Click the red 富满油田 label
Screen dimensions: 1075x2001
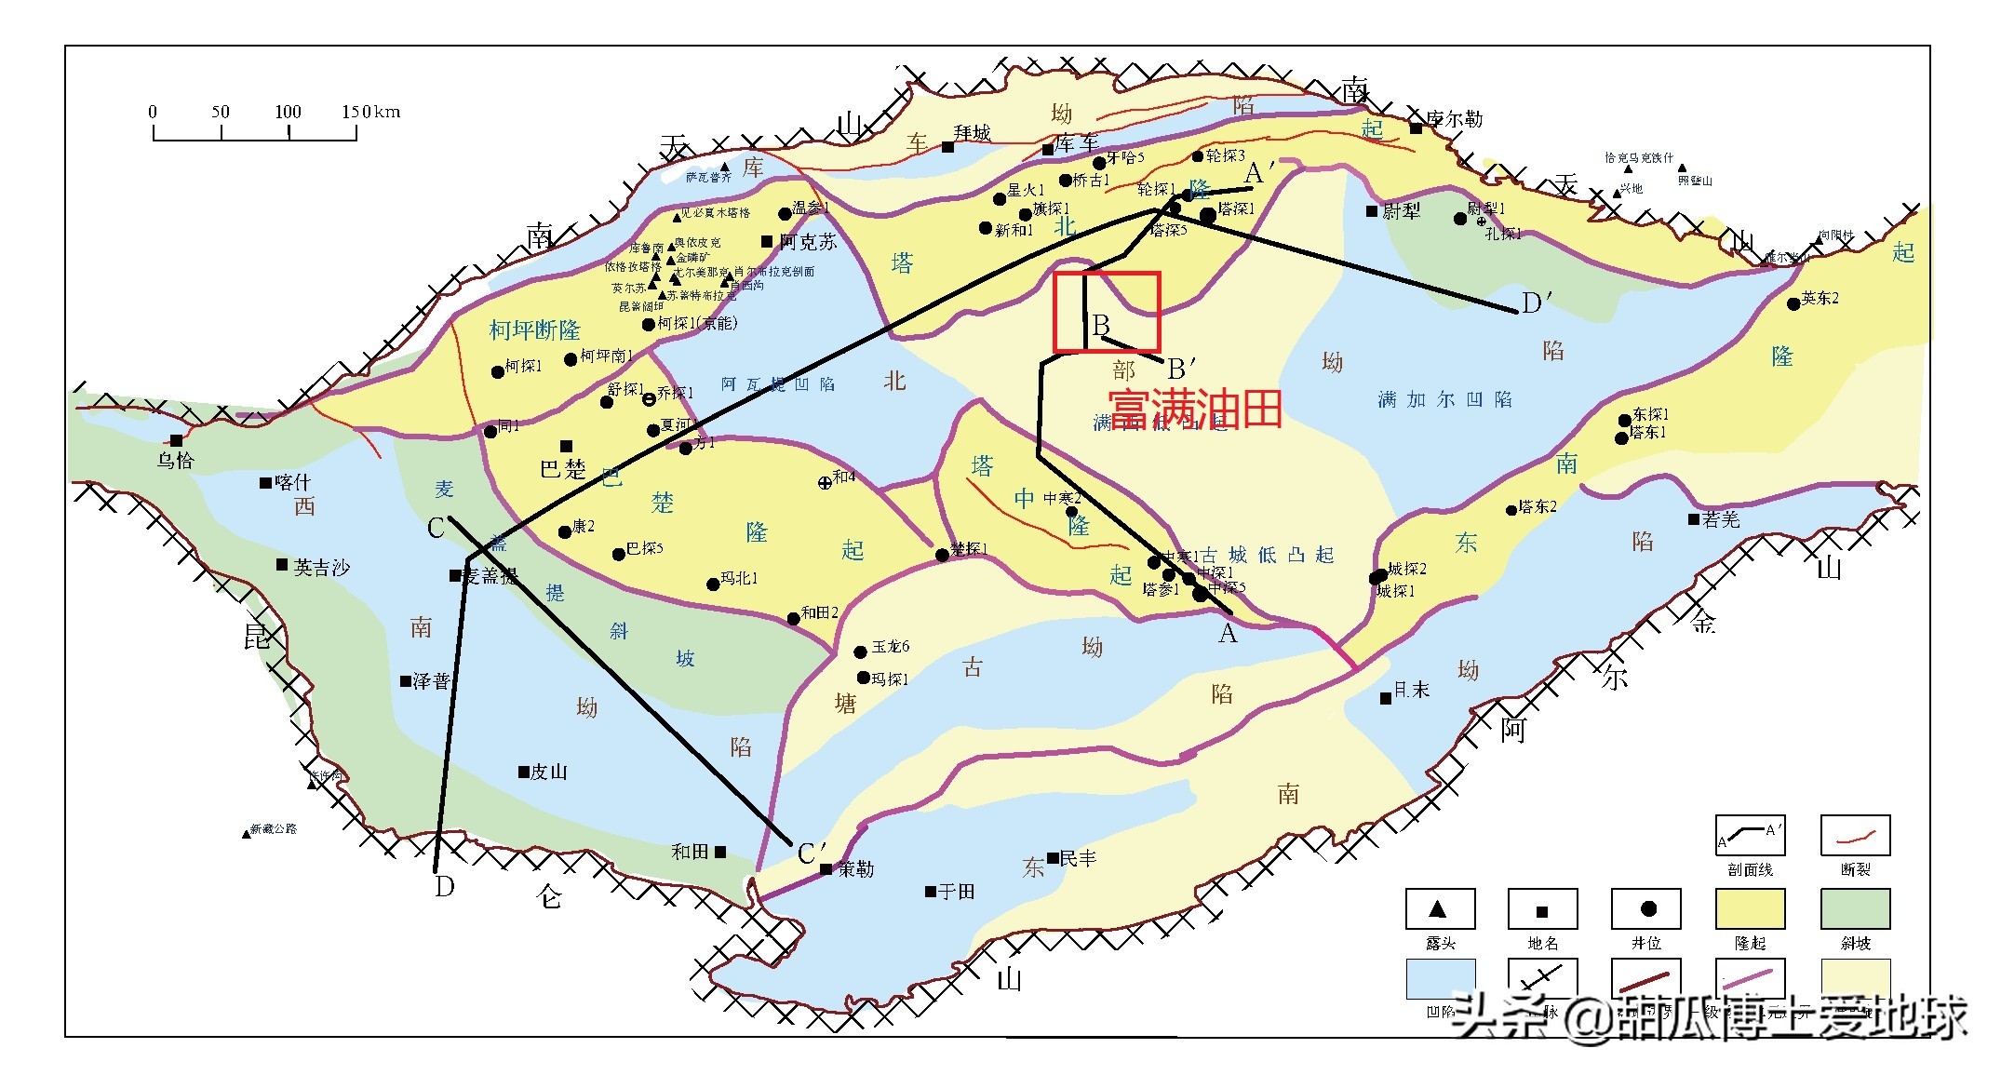click(1195, 409)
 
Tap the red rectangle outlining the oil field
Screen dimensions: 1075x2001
click(1107, 274)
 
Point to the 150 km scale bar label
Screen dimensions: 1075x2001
click(370, 112)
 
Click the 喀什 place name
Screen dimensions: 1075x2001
click(291, 482)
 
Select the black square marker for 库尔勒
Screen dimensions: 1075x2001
click(1416, 128)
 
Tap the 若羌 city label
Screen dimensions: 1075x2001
click(1720, 519)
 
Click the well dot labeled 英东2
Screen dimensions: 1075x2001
click(1793, 303)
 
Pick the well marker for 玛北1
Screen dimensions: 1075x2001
click(713, 585)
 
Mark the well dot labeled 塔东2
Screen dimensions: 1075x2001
click(1511, 510)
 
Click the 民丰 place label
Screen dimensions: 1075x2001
click(1078, 858)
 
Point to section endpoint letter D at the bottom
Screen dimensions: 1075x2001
click(444, 887)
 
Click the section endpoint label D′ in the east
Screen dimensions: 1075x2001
click(1536, 303)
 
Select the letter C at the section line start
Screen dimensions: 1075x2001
click(436, 529)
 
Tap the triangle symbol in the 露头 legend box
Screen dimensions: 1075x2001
click(1438, 908)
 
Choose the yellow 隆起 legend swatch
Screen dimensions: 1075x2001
click(1750, 908)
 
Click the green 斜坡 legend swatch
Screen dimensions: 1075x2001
click(1855, 908)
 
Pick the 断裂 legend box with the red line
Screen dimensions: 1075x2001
click(1855, 835)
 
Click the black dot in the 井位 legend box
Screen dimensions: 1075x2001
click(1647, 908)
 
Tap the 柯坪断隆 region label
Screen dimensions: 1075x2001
click(534, 330)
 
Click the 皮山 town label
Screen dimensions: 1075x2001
click(548, 772)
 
